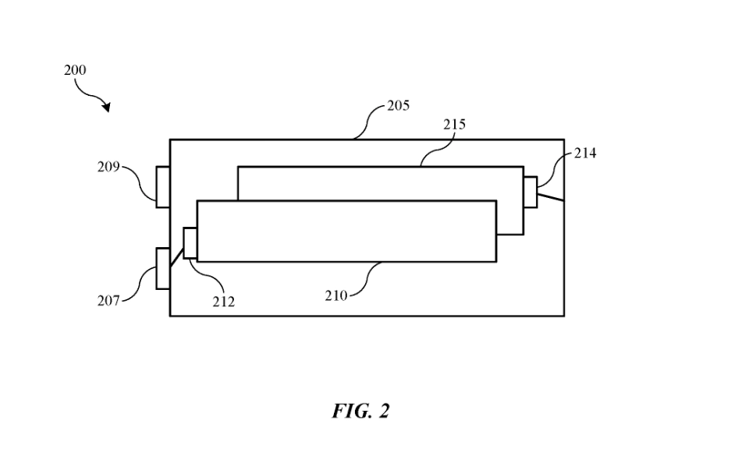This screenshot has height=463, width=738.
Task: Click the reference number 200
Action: point(75,70)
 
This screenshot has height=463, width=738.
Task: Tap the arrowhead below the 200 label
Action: point(105,107)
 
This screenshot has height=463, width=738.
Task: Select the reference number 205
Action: point(398,106)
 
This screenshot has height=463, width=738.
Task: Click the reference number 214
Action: point(585,153)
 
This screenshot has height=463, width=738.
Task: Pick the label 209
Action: point(109,166)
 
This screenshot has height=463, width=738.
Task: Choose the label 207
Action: point(108,301)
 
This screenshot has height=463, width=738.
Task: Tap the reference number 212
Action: point(223,302)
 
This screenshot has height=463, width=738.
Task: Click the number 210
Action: point(336,295)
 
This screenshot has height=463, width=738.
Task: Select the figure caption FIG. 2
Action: point(360,411)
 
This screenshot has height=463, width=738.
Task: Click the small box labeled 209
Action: point(163,187)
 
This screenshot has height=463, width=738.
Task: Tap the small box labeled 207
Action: point(163,269)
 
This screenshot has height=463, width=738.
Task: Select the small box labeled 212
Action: point(190,242)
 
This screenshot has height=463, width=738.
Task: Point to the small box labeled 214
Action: point(530,193)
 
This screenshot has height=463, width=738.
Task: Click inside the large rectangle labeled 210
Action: point(346,231)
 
